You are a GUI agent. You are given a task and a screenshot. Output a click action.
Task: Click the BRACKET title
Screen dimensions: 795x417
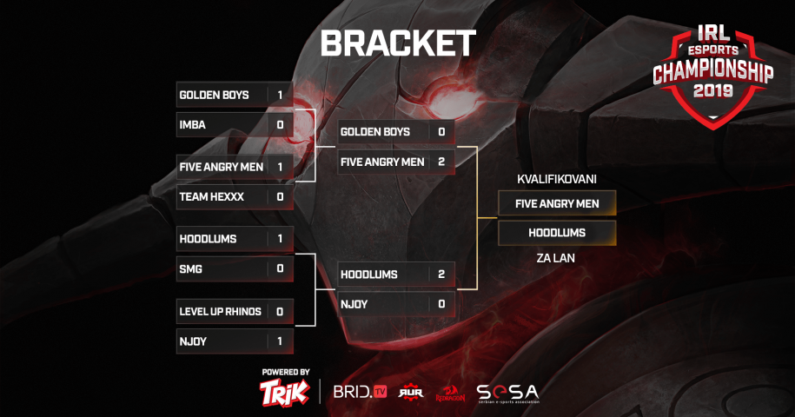398,43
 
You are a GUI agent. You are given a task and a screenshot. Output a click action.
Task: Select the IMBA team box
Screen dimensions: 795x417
235,124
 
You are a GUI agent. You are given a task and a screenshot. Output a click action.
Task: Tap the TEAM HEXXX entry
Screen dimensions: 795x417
235,196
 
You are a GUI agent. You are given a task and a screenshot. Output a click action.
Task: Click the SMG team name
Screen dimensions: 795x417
190,269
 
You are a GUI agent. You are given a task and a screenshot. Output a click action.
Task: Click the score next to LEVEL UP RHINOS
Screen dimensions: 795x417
280,312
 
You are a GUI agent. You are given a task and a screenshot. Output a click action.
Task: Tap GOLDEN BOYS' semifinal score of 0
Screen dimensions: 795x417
441,132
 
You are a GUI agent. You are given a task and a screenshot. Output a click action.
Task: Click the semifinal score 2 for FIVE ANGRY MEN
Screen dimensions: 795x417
441,162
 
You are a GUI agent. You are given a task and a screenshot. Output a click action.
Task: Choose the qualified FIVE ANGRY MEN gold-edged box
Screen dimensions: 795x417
557,203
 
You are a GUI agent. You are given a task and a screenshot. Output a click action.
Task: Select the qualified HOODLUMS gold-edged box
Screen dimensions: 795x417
557,233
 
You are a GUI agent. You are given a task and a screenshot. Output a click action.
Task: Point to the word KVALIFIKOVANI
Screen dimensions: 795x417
557,179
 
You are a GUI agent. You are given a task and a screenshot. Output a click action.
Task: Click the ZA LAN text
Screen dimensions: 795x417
556,258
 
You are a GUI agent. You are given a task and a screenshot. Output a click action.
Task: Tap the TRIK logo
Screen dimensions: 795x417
284,392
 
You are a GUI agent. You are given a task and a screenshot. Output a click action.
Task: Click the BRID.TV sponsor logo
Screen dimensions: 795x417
360,392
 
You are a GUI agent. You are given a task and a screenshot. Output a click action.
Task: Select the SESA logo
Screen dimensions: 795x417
507,394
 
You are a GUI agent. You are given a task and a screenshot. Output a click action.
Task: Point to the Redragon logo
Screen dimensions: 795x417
450,394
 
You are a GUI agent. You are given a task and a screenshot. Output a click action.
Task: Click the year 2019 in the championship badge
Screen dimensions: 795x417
712,91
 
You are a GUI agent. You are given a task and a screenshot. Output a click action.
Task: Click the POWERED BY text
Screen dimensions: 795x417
286,373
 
